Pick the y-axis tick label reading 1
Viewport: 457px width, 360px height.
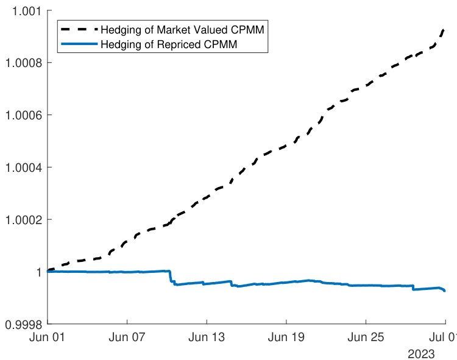tap(38, 272)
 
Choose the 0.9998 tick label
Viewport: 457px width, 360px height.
tap(21, 325)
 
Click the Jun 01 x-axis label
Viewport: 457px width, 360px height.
tap(48, 338)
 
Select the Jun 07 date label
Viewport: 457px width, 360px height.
tap(127, 338)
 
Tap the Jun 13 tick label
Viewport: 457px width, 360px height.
tap(207, 338)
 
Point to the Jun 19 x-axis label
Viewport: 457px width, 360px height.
tap(286, 338)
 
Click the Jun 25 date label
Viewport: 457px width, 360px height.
tap(366, 338)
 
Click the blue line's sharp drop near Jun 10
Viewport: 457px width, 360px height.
tap(171, 277)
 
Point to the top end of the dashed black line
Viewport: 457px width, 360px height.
tap(444, 29)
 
